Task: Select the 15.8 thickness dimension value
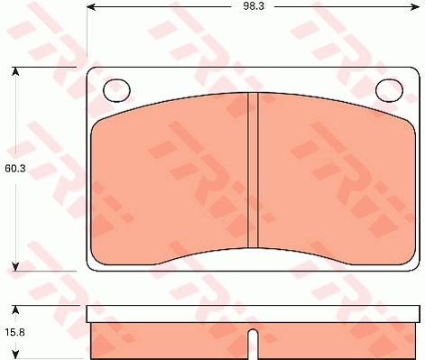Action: (15, 333)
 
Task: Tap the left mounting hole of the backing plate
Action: (116, 89)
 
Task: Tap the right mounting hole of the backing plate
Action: (388, 89)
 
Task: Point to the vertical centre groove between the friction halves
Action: (254, 171)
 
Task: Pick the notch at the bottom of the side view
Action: (252, 346)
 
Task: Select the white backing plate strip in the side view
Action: (253, 314)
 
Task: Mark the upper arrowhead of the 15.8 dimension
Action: (15, 310)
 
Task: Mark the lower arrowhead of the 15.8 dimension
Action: (15, 354)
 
